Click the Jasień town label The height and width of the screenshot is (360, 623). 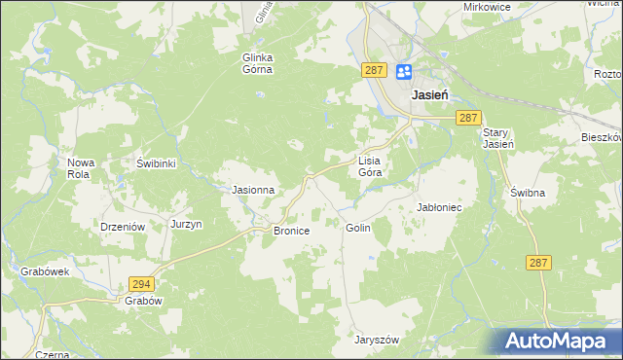429,95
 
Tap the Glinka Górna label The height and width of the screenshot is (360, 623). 258,63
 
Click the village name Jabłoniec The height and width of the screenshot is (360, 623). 438,207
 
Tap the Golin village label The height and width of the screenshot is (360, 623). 357,227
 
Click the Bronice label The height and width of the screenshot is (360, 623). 291,231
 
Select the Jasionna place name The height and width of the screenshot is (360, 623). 252,190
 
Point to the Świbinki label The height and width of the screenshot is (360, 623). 155,163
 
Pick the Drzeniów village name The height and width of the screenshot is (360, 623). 123,225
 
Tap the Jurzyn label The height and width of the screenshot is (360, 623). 186,224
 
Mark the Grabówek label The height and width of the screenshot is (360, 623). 45,272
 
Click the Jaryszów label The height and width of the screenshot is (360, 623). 378,340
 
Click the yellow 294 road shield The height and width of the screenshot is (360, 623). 140,283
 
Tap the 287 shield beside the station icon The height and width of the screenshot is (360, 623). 376,70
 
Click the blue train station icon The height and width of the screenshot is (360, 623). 404,71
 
